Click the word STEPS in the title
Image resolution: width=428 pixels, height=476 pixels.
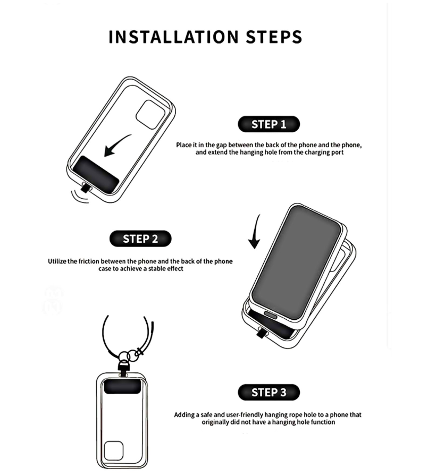[x=274, y=37]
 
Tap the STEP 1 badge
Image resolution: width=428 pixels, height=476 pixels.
[x=269, y=124]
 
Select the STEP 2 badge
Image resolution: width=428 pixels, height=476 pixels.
[x=140, y=239]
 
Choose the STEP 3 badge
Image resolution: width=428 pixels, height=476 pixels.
[x=269, y=392]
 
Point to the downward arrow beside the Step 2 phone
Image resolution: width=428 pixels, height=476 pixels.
[x=255, y=232]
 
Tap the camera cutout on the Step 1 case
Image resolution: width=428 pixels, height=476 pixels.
[x=150, y=115]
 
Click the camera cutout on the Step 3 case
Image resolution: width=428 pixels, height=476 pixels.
[x=113, y=451]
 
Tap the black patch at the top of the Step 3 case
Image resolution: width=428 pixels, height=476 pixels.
[x=122, y=387]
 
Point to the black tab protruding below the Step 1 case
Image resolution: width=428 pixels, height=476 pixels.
[x=86, y=188]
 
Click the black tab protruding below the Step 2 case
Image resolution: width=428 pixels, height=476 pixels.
[x=262, y=333]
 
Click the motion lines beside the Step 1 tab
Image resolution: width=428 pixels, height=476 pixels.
[x=78, y=197]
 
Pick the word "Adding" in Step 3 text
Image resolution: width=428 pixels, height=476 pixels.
[x=184, y=415]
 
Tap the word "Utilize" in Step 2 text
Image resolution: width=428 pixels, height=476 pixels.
[x=57, y=261]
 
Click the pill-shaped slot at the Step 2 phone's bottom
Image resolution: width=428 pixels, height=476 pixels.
[x=272, y=314]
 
